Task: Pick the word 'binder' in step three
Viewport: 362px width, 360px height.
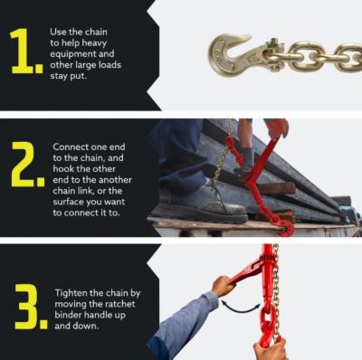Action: click(x=72, y=316)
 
